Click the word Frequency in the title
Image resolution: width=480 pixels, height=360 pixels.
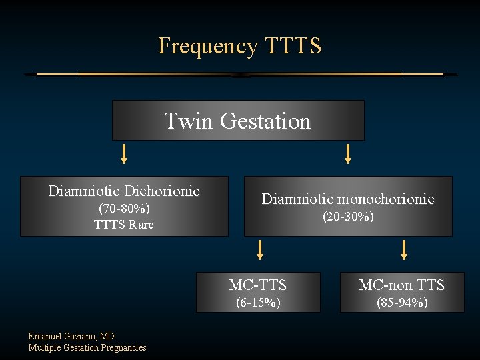(207, 46)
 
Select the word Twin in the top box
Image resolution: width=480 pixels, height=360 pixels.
(189, 121)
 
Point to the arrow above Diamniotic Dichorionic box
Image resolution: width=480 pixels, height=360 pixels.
(124, 155)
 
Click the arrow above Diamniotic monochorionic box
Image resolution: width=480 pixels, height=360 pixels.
(347, 155)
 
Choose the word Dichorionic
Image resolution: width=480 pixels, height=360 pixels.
(162, 191)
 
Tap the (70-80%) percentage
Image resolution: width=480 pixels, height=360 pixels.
(124, 209)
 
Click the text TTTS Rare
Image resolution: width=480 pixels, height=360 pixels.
(124, 225)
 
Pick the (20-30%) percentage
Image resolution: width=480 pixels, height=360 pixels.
(347, 217)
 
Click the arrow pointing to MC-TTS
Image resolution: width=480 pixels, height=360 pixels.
(260, 249)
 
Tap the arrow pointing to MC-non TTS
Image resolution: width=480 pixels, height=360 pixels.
(403, 249)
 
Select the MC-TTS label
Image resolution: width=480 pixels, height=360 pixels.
(258, 285)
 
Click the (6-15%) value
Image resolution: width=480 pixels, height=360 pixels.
(258, 303)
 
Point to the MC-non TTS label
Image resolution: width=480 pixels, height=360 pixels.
(401, 285)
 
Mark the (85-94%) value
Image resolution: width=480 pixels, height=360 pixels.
(401, 303)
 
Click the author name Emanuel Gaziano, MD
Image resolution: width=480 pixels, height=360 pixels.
(71, 337)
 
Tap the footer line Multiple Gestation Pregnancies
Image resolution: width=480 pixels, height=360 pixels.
(87, 347)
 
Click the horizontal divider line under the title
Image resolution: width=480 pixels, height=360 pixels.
(240, 74)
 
